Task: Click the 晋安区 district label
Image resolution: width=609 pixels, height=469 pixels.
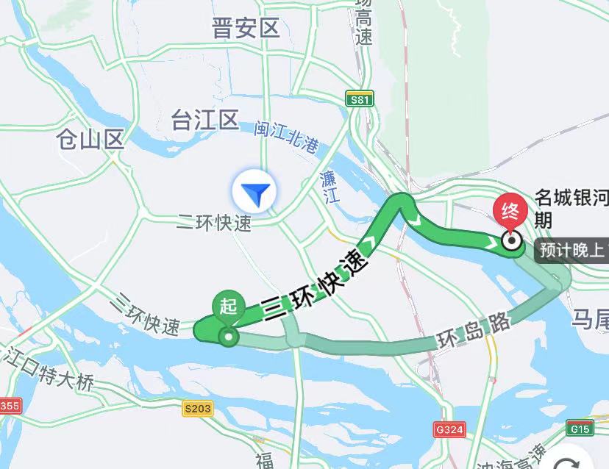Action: click(x=246, y=29)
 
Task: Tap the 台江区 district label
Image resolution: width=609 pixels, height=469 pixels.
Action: click(x=205, y=120)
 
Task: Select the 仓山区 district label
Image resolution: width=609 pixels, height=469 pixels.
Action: click(x=91, y=139)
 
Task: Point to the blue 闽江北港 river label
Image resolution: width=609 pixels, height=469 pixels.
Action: click(x=287, y=138)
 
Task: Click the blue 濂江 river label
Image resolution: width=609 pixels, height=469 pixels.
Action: click(x=329, y=185)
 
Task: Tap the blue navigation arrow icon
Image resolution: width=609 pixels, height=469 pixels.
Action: click(x=254, y=193)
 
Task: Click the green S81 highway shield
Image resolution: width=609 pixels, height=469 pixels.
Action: click(x=360, y=98)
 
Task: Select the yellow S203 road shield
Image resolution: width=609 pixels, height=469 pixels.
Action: click(x=198, y=409)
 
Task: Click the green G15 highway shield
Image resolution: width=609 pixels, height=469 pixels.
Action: click(x=580, y=429)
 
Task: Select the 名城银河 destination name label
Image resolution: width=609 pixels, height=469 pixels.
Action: click(x=571, y=198)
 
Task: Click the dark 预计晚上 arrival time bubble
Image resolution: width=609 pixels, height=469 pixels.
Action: click(x=571, y=251)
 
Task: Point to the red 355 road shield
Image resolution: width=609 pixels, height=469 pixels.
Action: click(x=10, y=405)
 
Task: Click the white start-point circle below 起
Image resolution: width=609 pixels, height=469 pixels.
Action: click(x=229, y=337)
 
